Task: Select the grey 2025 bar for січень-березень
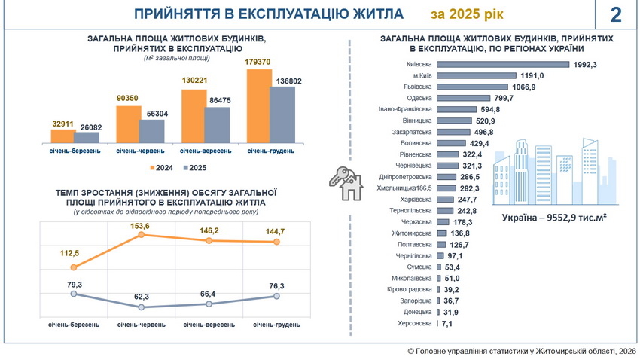coord(87,136)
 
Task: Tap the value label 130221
coord(193,81)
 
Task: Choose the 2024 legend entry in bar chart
coord(160,167)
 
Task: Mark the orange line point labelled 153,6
coord(141,236)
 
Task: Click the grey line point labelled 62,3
coord(141,307)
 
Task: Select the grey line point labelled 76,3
coord(276,297)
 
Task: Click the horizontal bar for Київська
coord(503,65)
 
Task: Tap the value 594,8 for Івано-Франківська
coord(489,109)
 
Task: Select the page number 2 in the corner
coord(617,14)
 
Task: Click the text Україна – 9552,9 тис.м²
coord(555,218)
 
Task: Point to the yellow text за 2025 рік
coord(468,14)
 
